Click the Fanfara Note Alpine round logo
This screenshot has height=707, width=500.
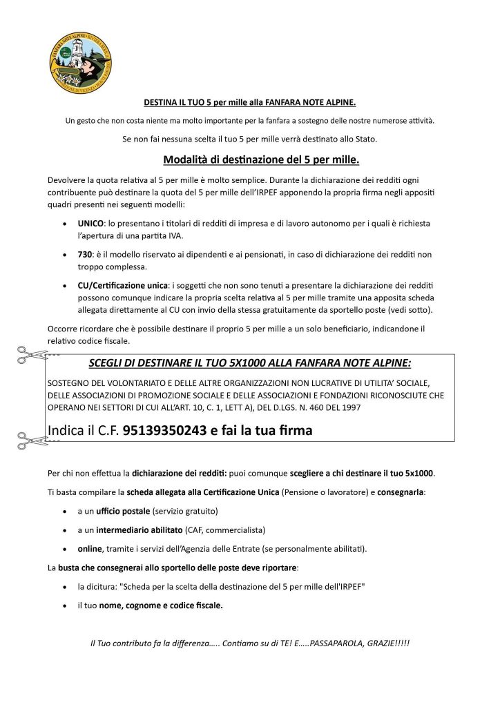pos(81,62)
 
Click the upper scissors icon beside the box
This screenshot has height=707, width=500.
pos(31,355)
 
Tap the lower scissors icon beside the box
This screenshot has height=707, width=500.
pos(31,438)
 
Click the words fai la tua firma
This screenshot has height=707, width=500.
pos(268,431)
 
